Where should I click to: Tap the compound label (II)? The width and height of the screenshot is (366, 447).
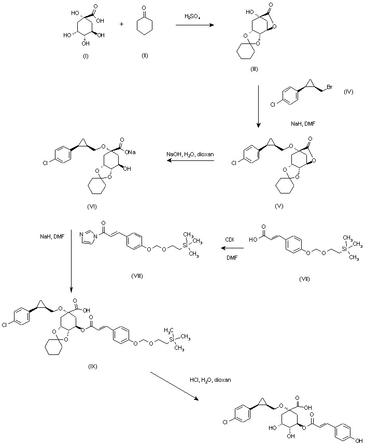click(x=145, y=55)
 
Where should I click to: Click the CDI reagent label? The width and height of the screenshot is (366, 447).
click(x=230, y=239)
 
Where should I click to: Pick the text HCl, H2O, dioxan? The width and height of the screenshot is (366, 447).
click(x=210, y=380)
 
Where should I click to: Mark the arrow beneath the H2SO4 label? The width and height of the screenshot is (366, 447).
click(x=194, y=25)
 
